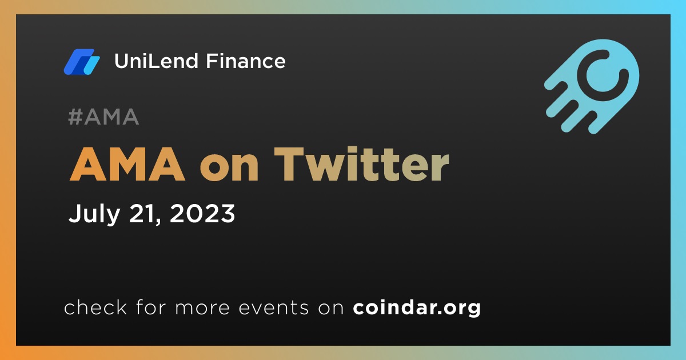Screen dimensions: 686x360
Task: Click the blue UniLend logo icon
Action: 82,62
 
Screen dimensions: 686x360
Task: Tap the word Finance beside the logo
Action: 246,61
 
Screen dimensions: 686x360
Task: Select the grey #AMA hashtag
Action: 103,117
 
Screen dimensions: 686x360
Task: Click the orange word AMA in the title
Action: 127,165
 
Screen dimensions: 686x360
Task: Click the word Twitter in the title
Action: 362,165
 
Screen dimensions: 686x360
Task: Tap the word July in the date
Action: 94,214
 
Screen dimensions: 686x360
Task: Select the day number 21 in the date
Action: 141,213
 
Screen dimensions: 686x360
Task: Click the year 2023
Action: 202,213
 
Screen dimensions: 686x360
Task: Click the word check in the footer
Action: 95,307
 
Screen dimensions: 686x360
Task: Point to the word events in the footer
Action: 274,307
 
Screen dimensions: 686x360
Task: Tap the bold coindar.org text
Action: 417,308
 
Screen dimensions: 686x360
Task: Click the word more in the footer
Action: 202,307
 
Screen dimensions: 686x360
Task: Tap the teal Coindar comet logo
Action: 592,86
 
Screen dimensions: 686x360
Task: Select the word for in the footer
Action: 151,307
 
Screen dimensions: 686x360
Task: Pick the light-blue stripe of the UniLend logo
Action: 91,66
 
